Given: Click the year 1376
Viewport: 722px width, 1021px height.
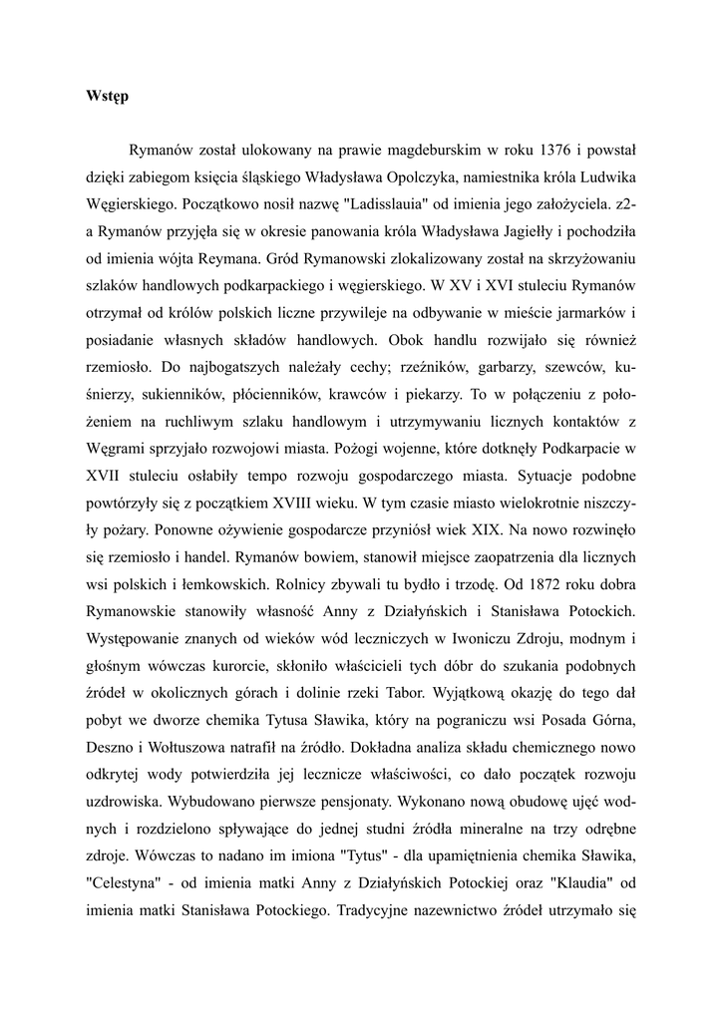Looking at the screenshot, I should pos(553,152).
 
